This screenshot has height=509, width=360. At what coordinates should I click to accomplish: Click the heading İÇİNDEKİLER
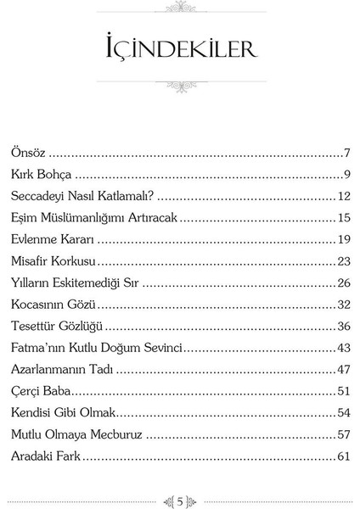pos(180,48)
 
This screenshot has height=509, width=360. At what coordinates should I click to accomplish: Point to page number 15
pos(344,217)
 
